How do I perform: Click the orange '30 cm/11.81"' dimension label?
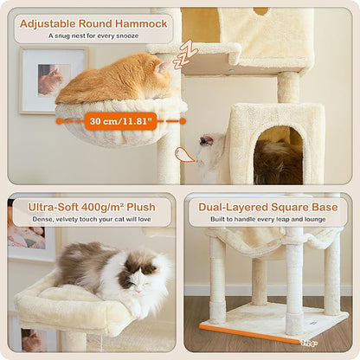(x=120, y=121)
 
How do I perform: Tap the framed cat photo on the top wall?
(x=53, y=80)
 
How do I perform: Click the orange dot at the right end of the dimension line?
(x=184, y=121)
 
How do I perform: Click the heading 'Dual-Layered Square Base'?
(x=268, y=207)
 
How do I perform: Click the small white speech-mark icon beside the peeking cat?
(x=184, y=155)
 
